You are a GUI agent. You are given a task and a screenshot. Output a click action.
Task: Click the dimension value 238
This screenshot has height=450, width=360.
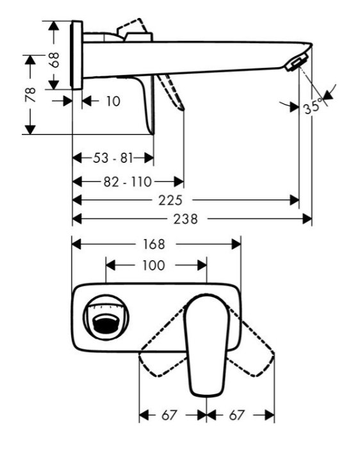pos(186,219)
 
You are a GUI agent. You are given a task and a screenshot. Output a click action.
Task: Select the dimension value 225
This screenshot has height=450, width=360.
pos(170,200)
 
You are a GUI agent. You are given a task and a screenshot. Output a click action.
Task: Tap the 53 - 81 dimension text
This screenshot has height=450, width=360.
pos(113,158)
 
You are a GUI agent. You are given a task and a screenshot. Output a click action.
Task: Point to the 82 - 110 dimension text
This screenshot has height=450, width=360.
pos(127,181)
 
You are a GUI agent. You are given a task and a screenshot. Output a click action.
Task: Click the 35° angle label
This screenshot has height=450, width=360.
pos(312,107)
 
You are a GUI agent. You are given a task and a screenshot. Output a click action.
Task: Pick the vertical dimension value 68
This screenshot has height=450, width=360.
pos(54,60)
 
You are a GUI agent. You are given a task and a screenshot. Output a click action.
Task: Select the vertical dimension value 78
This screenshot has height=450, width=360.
pos(30,95)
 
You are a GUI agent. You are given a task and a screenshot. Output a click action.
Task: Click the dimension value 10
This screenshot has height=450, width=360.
pos(113,101)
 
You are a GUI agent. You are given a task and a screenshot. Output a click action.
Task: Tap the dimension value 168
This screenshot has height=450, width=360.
pos(154,244)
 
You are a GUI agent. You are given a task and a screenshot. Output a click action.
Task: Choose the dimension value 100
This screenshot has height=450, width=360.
pos(154,265)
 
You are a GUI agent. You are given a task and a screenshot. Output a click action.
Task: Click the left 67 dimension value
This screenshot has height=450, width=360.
pos(170,415)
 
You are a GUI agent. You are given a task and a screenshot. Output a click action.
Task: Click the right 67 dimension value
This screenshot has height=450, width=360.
pos(236,415)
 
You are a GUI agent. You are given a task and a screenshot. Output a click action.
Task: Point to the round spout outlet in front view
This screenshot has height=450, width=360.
pos(106,317)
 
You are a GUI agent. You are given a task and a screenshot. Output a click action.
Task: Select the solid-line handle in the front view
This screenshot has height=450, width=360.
pos(207,344)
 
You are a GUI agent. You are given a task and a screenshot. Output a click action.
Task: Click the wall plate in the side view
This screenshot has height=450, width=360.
pos(77,55)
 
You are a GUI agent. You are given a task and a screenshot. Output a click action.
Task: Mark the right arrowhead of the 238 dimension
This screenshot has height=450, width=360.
pos(307,219)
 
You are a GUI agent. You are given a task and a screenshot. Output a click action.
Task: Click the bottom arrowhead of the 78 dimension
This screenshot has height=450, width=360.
pos(30,129)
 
